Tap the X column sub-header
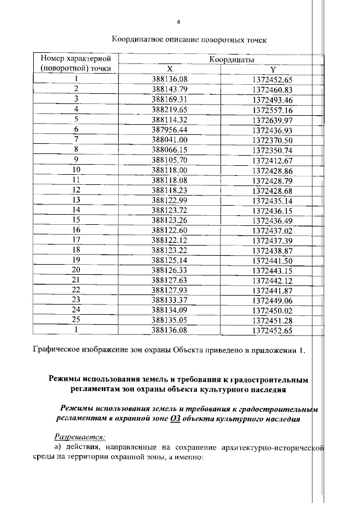[x=169, y=69]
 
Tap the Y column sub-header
[x=272, y=69]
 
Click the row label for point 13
[x=76, y=199]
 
